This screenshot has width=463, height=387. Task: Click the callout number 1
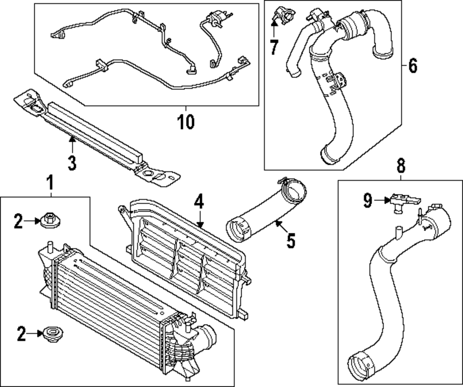pyautogui.click(x=50, y=184)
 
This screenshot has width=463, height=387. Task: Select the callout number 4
pyautogui.click(x=199, y=202)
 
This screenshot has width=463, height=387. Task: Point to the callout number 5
pyautogui.click(x=290, y=241)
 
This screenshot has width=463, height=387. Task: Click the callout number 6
pyautogui.click(x=412, y=66)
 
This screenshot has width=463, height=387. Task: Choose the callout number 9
pyautogui.click(x=367, y=200)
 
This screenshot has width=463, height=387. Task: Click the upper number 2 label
pyautogui.click(x=18, y=222)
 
